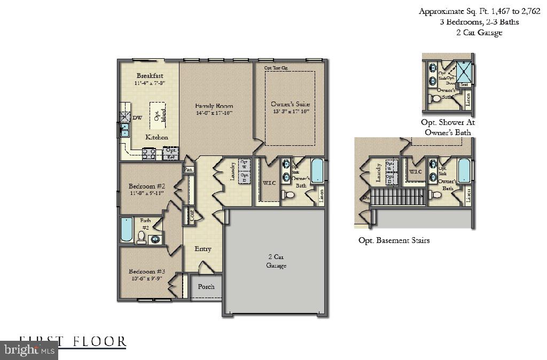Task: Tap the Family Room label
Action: pos(214,106)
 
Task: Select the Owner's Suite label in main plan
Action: pos(290,104)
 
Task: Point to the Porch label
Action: pos(206,287)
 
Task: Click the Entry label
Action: pos(203,249)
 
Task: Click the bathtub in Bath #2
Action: pos(127,230)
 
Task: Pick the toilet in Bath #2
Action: pos(142,237)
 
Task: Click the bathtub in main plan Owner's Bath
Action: pos(317,171)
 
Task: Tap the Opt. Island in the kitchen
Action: pos(157,115)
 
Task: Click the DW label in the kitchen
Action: pos(137,119)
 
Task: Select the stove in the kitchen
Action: pos(149,154)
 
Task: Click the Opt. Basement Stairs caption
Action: pos(394,240)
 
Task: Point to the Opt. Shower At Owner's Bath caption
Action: pos(448,127)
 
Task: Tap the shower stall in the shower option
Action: pos(465,73)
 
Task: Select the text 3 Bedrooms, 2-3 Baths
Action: pos(468,22)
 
